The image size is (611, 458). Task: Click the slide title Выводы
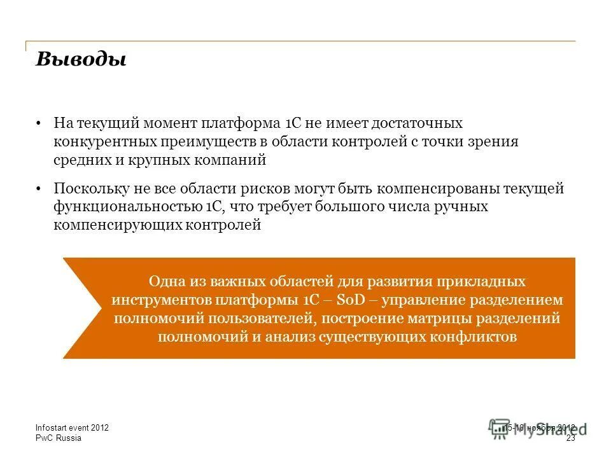pos(81,59)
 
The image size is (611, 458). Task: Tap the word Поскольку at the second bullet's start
pos(90,189)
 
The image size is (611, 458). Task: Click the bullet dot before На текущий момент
pos(39,123)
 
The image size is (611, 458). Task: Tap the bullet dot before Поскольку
pos(39,189)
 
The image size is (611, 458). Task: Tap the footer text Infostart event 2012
pos(72,428)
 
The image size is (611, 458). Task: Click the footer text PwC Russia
pos(57,438)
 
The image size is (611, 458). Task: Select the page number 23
pos(570,438)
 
